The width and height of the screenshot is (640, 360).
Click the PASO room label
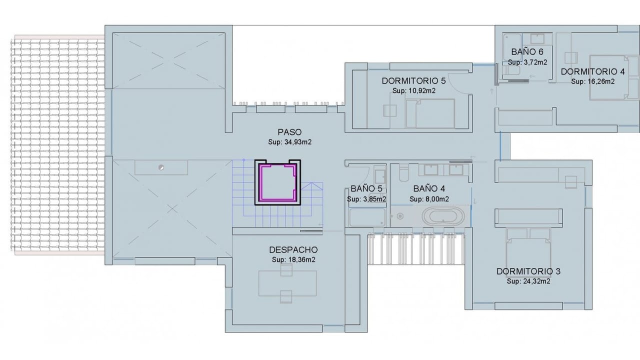tap(289, 132)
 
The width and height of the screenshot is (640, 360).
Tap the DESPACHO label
tap(293, 250)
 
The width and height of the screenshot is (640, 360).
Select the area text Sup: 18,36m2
tap(293, 259)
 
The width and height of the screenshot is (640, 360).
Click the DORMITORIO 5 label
tap(413, 81)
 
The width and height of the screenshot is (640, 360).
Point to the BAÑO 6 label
tap(527, 51)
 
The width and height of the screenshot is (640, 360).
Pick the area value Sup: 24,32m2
tap(528, 281)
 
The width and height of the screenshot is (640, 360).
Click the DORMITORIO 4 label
tap(593, 71)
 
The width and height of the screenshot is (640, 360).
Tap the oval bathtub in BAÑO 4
tap(443, 216)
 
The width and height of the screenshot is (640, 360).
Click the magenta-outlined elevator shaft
tap(277, 182)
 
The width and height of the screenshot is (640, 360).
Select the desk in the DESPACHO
tap(287, 283)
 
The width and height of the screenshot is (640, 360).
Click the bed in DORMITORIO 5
tap(430, 113)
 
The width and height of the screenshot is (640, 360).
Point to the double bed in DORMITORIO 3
tap(528, 251)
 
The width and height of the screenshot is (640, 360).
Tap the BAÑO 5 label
tap(366, 188)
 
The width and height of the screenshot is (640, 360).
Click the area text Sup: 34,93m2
tap(289, 142)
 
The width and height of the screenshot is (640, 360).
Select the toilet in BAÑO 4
tap(404, 173)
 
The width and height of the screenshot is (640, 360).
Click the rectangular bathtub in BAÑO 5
tap(367, 217)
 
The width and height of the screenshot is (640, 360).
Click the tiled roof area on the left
tap(58, 145)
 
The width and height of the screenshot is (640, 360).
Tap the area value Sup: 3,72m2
tap(527, 62)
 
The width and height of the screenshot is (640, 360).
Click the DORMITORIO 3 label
tap(528, 271)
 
